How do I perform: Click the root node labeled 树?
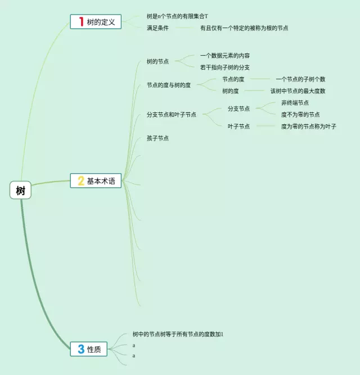[x=21, y=191]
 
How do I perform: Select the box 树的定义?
[x=96, y=22]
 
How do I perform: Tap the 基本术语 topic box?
[x=96, y=181]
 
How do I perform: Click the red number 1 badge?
[x=81, y=22]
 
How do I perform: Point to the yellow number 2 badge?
[x=81, y=181]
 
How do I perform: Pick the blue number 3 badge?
[x=81, y=349]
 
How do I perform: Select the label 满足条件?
[x=157, y=28]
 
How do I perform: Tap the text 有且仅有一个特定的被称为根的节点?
[x=244, y=28]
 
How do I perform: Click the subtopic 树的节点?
[x=157, y=61]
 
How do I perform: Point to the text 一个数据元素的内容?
[x=225, y=56]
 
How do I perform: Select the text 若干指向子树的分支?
[x=225, y=67]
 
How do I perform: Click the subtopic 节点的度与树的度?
[x=169, y=85]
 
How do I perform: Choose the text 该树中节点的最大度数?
[x=298, y=91]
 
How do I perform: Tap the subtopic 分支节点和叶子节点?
[x=172, y=115]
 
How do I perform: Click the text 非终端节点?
[x=295, y=103]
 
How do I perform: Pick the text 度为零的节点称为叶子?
[x=309, y=126]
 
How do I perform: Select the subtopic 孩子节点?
[x=157, y=138]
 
